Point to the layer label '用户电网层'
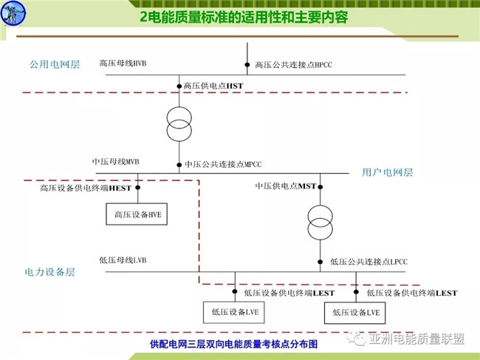tap(387, 172)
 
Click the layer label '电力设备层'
tap(49, 272)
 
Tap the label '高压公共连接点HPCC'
tap(293, 65)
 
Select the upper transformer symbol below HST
tap(179, 123)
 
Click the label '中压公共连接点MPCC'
tap(222, 164)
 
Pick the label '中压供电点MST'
tap(285, 186)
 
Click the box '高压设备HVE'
tap(138, 214)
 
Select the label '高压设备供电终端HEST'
tap(85, 189)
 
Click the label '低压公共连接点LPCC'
tap(368, 262)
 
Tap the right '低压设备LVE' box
tap(355, 313)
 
